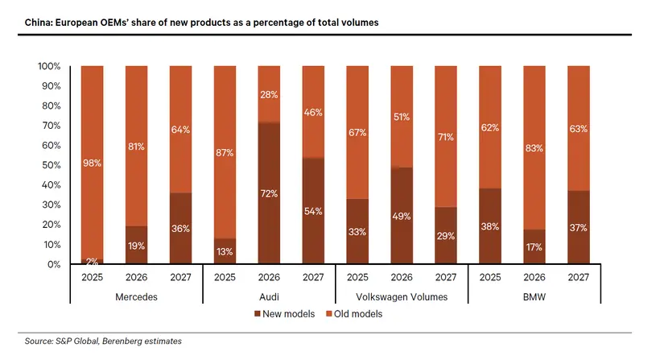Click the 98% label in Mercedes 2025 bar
pos(92,163)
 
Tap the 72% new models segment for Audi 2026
pos(269,193)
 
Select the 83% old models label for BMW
pos(534,148)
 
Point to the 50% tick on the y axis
pos(52,165)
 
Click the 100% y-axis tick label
pos(50,66)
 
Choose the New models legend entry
pos(285,314)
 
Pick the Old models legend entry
pos(354,314)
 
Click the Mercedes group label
pos(136,297)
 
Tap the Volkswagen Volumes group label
pos(402,297)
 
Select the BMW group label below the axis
pos(534,297)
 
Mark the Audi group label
pos(269,297)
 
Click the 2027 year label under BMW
pos(579,277)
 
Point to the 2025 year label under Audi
pos(225,277)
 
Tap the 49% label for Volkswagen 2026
pos(402,216)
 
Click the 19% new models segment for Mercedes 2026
pos(136,245)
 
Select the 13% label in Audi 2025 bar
pos(225,251)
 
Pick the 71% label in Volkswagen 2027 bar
pos(446,137)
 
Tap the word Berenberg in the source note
pos(122,341)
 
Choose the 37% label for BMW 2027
pos(579,228)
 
